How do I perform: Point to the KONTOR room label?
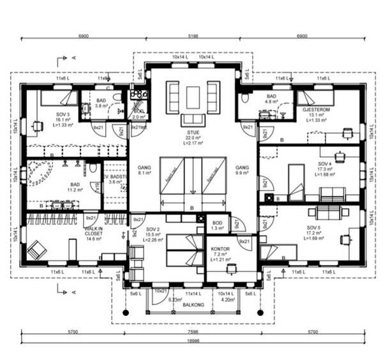220,248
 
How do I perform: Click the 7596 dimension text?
193,333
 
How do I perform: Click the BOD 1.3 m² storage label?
217,223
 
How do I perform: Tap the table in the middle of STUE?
193,98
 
